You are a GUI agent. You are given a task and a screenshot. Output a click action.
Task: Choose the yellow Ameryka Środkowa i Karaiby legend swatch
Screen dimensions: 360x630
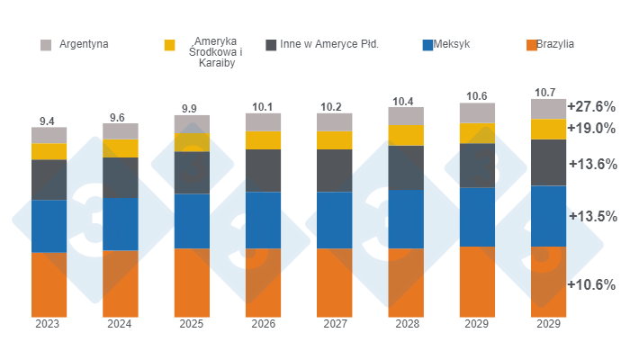coord(169,44)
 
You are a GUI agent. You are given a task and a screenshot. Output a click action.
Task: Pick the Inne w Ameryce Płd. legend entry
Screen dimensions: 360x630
coord(334,43)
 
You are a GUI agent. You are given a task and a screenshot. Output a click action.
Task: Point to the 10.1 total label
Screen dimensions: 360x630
coord(263,106)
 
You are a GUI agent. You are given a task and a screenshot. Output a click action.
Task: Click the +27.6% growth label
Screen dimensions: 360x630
coord(590,106)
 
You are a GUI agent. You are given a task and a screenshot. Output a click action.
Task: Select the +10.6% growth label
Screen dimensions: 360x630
coord(590,284)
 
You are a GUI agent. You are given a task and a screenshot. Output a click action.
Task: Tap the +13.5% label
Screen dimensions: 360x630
coord(590,216)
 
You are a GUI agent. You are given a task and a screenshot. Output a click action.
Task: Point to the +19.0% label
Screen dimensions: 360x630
coord(590,128)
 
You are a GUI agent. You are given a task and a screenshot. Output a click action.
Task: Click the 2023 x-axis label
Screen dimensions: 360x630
coord(49,324)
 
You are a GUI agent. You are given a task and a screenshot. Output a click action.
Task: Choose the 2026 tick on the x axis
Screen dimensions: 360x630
coord(263,324)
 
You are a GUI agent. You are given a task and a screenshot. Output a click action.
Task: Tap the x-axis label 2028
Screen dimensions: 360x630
coord(406,324)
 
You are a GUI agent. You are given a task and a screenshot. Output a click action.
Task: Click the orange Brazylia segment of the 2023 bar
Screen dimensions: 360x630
coord(49,283)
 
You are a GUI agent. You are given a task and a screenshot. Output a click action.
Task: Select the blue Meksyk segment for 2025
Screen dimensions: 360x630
coord(192,220)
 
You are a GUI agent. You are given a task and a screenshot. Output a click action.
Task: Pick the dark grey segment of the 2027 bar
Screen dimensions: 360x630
coord(335,170)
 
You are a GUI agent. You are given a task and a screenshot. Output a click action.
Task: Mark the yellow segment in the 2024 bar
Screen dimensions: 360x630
coord(120,148)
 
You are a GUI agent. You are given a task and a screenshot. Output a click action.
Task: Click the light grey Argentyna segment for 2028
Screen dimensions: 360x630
coord(406,116)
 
